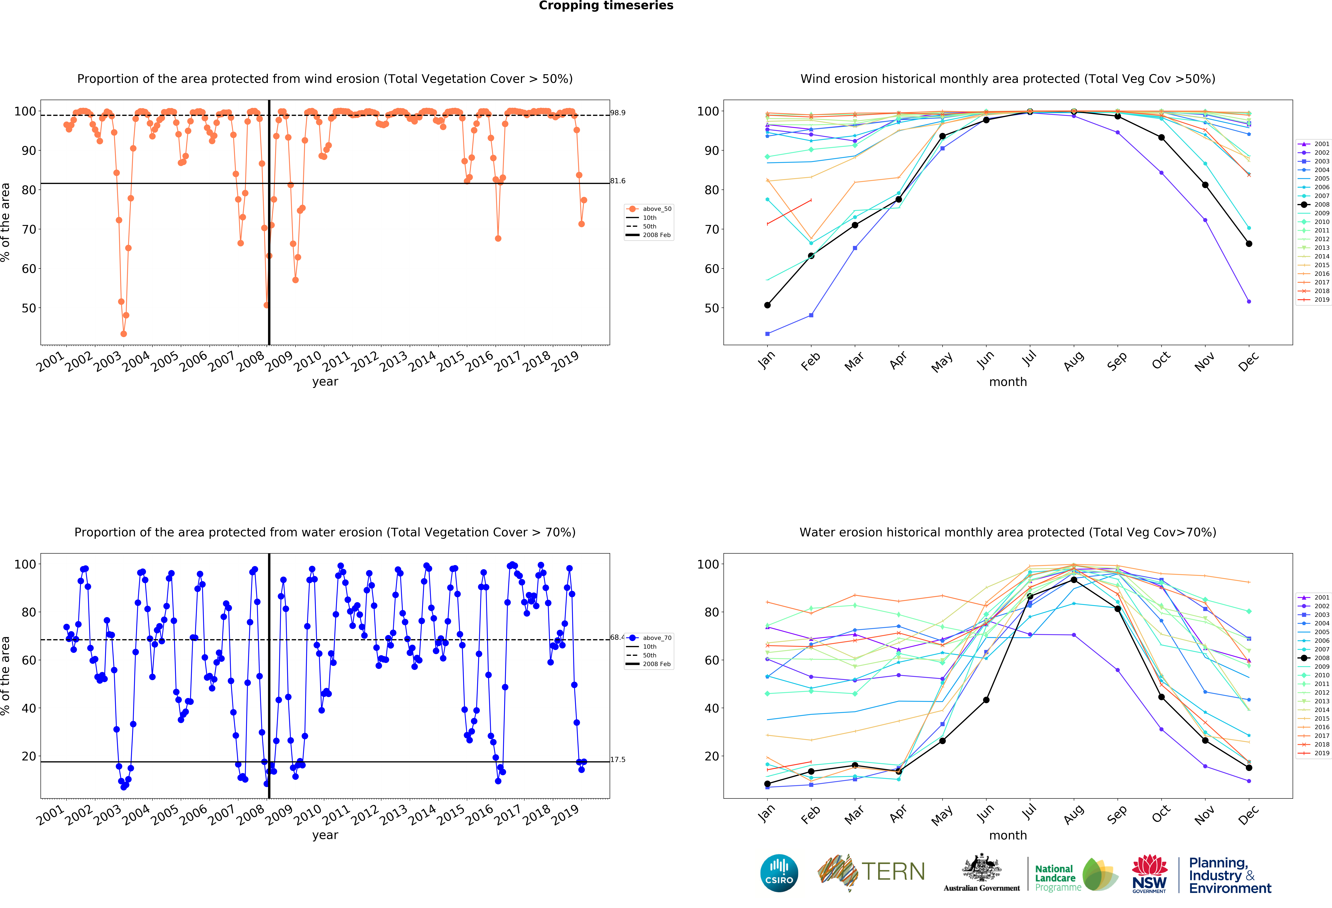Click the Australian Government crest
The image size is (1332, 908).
coord(982,868)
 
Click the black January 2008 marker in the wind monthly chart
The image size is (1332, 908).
coord(767,305)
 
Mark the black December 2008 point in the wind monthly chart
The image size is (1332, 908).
coord(1249,244)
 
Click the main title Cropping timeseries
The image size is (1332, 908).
coord(606,6)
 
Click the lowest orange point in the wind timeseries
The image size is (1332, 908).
coord(124,334)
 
